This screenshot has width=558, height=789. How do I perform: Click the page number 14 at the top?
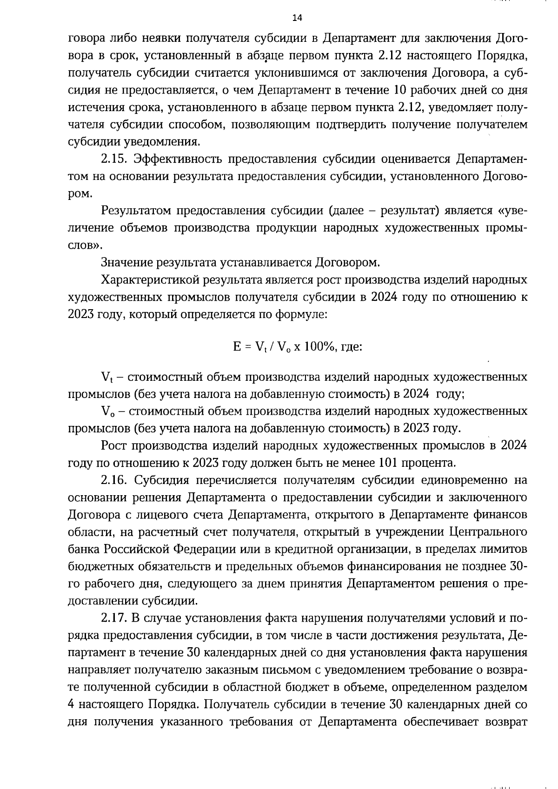[297, 18]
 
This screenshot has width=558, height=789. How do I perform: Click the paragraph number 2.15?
[114, 159]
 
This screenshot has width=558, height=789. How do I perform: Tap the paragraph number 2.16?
[114, 480]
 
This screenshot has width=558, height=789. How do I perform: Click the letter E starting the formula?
[237, 346]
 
